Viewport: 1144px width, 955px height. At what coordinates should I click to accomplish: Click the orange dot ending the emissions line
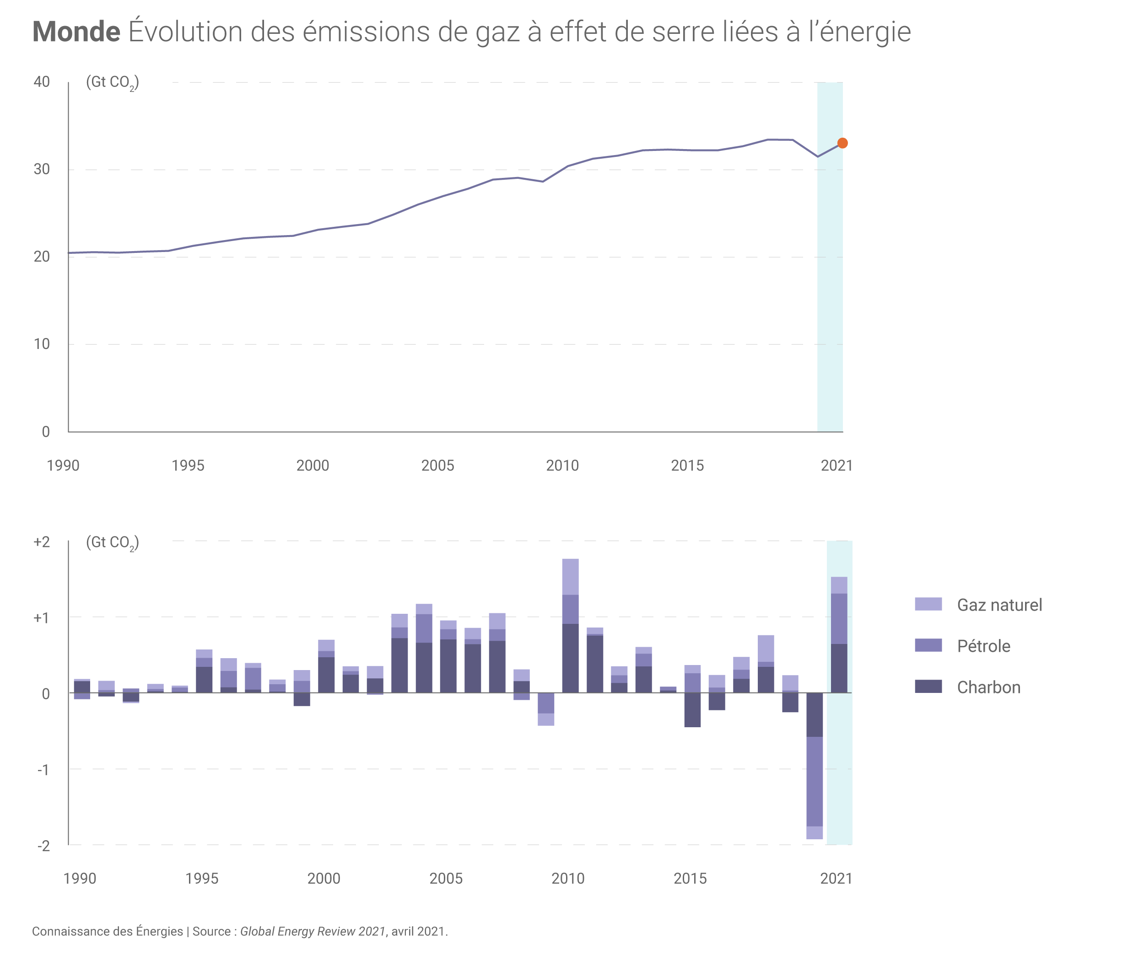[x=842, y=143]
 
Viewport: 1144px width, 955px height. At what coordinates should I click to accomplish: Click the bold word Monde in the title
[x=76, y=32]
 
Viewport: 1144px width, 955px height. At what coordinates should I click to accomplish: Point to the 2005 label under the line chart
[x=437, y=466]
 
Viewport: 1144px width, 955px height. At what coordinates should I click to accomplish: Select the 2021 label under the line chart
[x=836, y=466]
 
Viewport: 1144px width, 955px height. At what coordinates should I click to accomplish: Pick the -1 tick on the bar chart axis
[x=43, y=770]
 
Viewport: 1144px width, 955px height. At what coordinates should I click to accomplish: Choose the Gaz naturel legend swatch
[x=928, y=604]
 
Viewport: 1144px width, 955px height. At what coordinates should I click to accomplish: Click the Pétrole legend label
[x=983, y=646]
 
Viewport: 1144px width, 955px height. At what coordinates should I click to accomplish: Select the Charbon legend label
[x=988, y=688]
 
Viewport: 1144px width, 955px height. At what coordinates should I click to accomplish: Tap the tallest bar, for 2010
[x=570, y=626]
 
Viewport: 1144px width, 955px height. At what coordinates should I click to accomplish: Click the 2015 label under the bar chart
[x=690, y=878]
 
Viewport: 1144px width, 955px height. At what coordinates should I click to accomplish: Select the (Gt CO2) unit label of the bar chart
[x=112, y=543]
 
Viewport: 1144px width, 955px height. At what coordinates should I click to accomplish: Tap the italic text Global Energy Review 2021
[x=313, y=932]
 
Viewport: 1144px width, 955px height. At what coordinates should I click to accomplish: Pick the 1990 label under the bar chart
[x=80, y=878]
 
